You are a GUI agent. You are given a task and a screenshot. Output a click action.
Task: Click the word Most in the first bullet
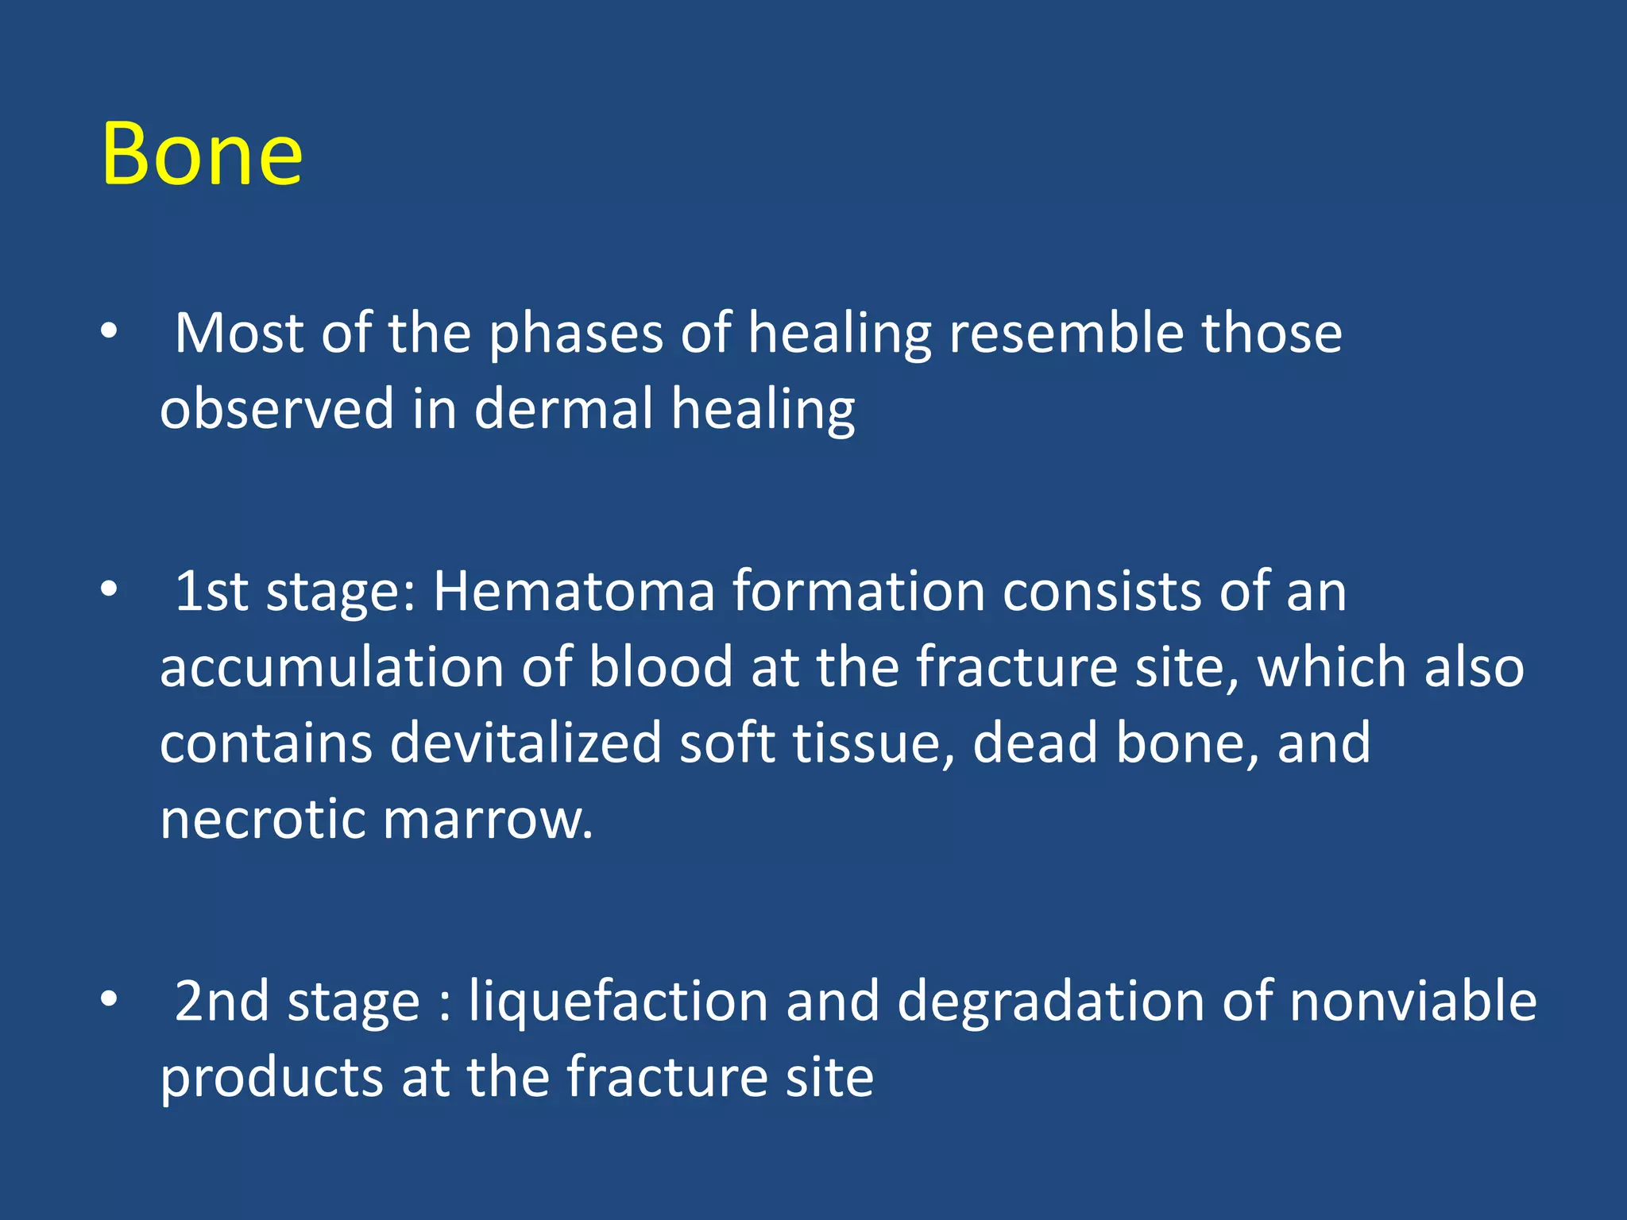tap(238, 333)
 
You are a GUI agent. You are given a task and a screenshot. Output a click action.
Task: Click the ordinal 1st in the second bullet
tap(211, 592)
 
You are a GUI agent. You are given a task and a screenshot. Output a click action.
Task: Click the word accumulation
tap(331, 667)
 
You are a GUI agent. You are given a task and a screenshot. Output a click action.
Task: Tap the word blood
tap(660, 667)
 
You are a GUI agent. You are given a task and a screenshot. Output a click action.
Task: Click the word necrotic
tap(262, 819)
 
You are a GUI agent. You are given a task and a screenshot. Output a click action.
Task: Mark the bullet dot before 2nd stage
tap(109, 998)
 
